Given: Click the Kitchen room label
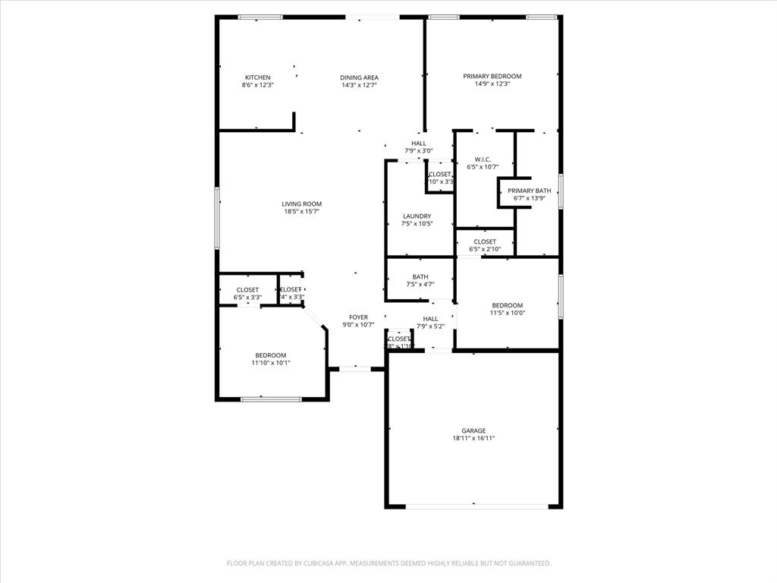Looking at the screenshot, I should (257, 77).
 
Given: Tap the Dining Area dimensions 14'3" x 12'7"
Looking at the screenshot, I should (359, 85).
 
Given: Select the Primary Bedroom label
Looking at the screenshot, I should (492, 76).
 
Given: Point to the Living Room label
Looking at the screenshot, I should (302, 203).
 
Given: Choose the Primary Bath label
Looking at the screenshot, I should (530, 191).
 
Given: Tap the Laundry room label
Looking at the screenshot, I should (417, 216).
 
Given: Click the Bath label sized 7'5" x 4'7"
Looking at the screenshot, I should (420, 277).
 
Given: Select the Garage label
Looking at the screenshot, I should (474, 430).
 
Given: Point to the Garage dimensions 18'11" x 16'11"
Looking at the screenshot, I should (474, 439).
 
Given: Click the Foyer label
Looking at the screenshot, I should (359, 317).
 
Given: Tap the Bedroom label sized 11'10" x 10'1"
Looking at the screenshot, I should (271, 355).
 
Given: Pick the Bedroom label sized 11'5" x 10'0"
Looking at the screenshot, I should (507, 305).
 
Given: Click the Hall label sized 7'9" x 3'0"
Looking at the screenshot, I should (419, 143).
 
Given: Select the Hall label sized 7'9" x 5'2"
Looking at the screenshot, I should (430, 319).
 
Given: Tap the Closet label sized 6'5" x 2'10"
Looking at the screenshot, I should (485, 241).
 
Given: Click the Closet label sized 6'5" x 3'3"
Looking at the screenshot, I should (247, 290).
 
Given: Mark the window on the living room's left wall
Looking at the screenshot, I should (217, 218).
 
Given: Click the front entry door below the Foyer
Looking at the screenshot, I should (354, 369).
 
